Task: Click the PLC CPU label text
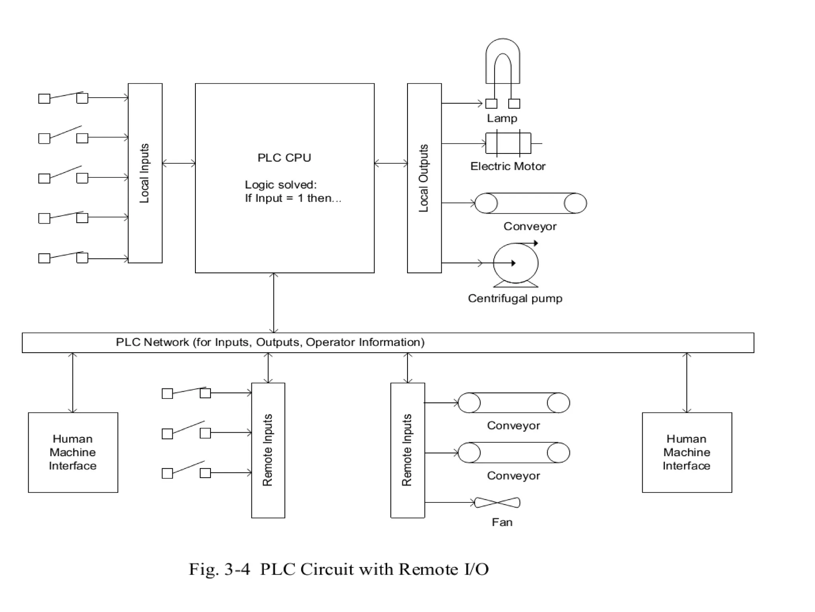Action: pyautogui.click(x=284, y=158)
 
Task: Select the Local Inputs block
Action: pyautogui.click(x=145, y=173)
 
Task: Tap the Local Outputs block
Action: pyautogui.click(x=424, y=178)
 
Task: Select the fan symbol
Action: pyautogui.click(x=497, y=502)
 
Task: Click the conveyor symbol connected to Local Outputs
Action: pyautogui.click(x=531, y=203)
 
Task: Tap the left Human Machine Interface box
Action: pyautogui.click(x=73, y=452)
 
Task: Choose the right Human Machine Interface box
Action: pyautogui.click(x=687, y=452)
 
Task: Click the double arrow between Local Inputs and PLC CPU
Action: pyautogui.click(x=179, y=163)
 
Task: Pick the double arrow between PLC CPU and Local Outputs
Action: pyautogui.click(x=391, y=163)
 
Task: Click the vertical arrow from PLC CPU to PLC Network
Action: pyautogui.click(x=274, y=303)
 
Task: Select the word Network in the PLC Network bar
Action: pyautogui.click(x=166, y=342)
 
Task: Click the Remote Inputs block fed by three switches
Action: pyautogui.click(x=268, y=450)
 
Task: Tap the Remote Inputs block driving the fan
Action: pyautogui.click(x=407, y=450)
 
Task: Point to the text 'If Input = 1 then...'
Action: pyautogui.click(x=293, y=198)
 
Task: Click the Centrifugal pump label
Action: pyautogui.click(x=515, y=298)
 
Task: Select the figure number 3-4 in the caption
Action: pyautogui.click(x=237, y=569)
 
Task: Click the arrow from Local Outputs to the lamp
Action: pyautogui.click(x=462, y=104)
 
